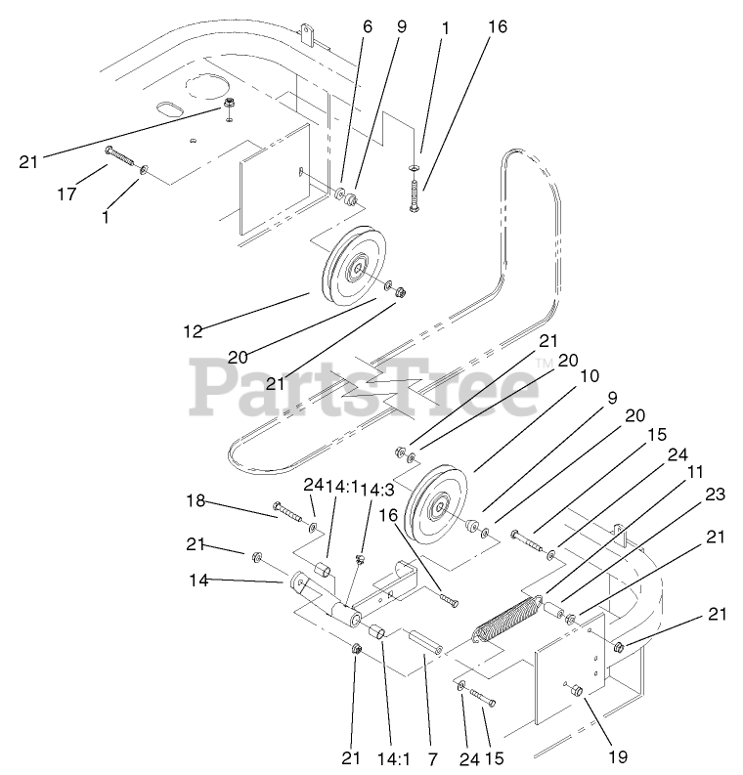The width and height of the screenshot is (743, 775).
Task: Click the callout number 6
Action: click(368, 27)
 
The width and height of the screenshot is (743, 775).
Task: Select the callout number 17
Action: click(66, 194)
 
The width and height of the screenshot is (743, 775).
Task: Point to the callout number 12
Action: click(194, 331)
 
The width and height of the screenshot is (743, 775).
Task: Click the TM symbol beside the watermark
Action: click(544, 363)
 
